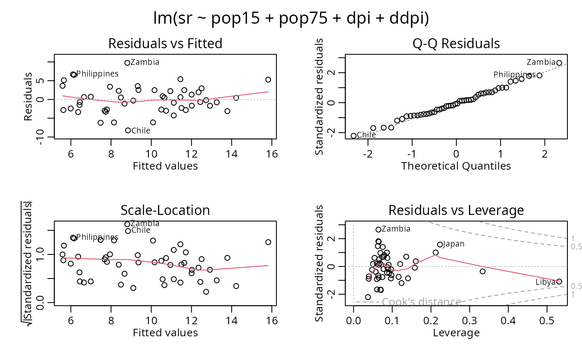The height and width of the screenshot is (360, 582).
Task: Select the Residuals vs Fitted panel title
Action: coord(165,43)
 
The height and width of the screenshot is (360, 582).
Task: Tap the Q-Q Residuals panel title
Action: coord(456,43)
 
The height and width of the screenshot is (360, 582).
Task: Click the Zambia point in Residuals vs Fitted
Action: coord(127,63)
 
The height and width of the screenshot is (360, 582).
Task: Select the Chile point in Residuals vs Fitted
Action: coord(128,131)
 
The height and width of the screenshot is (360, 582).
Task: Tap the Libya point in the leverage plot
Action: coord(559,281)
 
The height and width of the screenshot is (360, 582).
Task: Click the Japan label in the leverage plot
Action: coord(454,244)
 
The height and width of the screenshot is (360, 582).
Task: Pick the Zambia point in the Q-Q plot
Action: coord(559,63)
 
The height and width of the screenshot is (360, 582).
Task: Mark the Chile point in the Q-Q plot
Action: coord(354,136)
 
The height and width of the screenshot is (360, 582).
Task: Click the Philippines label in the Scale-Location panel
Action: coord(97,237)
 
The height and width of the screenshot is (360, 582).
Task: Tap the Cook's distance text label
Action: coord(422,302)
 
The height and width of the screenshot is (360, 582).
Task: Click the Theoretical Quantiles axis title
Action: coord(456,166)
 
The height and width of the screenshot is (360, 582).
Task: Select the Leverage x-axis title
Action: coord(456,333)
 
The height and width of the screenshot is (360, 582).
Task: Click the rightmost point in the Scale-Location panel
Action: coord(268,242)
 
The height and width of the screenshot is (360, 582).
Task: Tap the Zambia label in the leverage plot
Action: coord(396,229)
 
